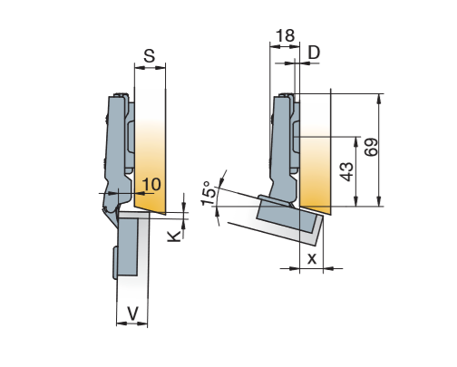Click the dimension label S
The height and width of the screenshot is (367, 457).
tap(150, 56)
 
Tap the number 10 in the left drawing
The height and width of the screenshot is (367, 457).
tap(151, 184)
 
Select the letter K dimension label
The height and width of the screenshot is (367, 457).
tap(174, 236)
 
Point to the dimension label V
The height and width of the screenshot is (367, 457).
tap(132, 314)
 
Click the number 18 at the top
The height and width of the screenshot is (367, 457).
tap(285, 35)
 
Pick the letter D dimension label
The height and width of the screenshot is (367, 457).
tap(314, 53)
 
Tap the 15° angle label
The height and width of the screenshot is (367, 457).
tap(209, 193)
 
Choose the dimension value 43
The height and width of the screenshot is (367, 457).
tap(346, 171)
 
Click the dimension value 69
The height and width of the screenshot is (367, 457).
tap(371, 147)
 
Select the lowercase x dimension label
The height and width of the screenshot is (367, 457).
tap(312, 258)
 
